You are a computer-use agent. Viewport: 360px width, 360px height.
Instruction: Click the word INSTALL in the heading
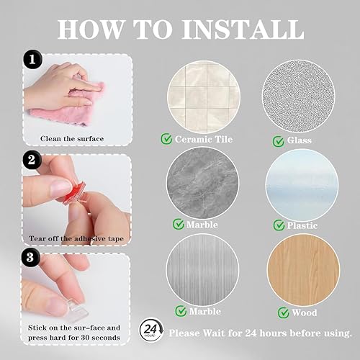tap(243, 30)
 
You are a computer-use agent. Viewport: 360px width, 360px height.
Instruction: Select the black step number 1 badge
tap(32, 59)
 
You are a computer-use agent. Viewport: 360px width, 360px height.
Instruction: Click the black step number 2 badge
tap(32, 160)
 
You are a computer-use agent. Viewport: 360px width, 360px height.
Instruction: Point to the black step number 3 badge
tap(30, 257)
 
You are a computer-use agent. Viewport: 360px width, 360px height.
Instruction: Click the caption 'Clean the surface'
tap(72, 139)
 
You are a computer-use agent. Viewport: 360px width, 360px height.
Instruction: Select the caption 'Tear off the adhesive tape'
tap(76, 239)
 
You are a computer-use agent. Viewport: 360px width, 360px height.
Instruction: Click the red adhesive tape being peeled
tap(74, 193)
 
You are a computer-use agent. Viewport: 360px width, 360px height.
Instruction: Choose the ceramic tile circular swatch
tap(204, 97)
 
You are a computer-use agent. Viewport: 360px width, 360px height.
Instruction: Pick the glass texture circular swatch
tap(299, 96)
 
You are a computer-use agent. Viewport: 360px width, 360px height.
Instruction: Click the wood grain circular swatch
tap(303, 271)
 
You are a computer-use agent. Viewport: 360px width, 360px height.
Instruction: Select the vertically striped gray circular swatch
tap(202, 269)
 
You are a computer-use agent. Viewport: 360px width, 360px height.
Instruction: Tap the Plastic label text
tap(302, 225)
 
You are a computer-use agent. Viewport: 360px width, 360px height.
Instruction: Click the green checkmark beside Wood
tap(284, 312)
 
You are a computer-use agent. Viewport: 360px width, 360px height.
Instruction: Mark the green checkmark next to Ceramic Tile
tap(166, 139)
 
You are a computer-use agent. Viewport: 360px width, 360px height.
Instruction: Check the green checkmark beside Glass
tap(279, 141)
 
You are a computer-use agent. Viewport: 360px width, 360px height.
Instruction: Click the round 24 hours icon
tap(151, 330)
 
